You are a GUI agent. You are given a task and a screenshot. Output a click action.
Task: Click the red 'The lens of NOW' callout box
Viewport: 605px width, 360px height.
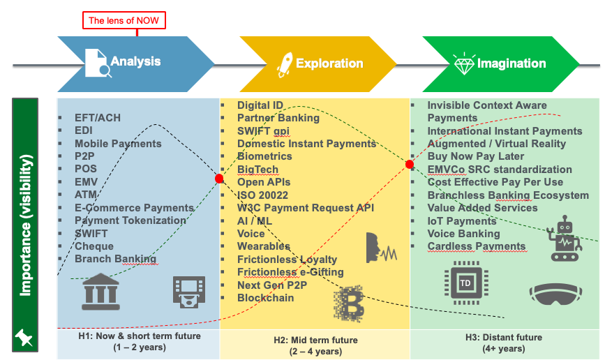click(124, 20)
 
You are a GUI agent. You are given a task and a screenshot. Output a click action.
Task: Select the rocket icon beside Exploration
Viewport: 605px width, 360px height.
click(285, 65)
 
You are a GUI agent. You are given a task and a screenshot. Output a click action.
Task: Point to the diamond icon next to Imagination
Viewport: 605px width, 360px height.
click(464, 64)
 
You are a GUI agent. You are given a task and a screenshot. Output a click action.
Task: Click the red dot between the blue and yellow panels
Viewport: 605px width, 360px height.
click(219, 179)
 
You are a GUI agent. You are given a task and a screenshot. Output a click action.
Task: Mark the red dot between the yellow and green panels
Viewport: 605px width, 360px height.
click(410, 165)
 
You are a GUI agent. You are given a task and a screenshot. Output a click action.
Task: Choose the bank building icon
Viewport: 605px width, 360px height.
click(100, 292)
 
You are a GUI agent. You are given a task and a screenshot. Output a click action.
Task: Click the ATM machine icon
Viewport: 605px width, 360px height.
click(189, 292)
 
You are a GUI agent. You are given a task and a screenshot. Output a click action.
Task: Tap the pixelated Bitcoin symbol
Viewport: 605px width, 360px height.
click(349, 303)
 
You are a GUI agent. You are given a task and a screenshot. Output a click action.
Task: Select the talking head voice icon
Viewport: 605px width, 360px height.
click(381, 248)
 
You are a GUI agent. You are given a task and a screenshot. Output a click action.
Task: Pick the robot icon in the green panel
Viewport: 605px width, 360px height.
click(565, 239)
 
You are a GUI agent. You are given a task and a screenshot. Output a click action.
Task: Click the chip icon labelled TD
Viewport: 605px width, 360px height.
click(466, 283)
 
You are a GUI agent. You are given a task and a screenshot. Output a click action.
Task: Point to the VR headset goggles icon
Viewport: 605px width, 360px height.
click(555, 294)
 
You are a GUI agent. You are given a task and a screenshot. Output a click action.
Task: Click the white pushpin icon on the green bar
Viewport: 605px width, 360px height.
click(24, 337)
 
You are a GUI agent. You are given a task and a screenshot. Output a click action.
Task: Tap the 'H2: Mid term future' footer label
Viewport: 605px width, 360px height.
click(315, 340)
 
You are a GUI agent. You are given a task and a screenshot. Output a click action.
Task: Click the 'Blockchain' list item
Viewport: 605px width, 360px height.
click(265, 298)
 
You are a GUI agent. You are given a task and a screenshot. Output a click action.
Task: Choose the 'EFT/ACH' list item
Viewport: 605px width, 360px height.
click(98, 118)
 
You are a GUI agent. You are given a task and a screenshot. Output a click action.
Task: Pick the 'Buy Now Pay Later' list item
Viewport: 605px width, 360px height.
click(476, 156)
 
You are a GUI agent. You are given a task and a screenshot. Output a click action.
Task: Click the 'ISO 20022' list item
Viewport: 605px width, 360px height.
click(263, 195)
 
